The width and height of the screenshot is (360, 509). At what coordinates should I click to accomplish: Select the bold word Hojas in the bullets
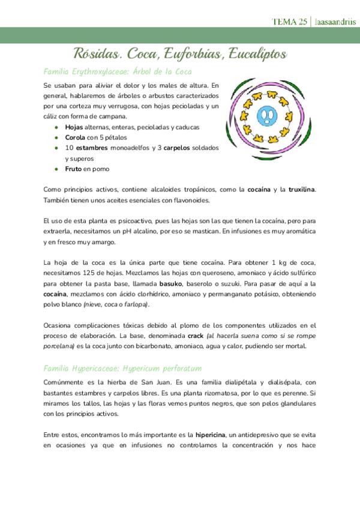click(74, 127)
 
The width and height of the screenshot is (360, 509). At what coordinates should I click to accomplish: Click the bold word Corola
click(76, 137)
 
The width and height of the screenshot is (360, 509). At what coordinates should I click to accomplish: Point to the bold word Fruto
click(74, 169)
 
